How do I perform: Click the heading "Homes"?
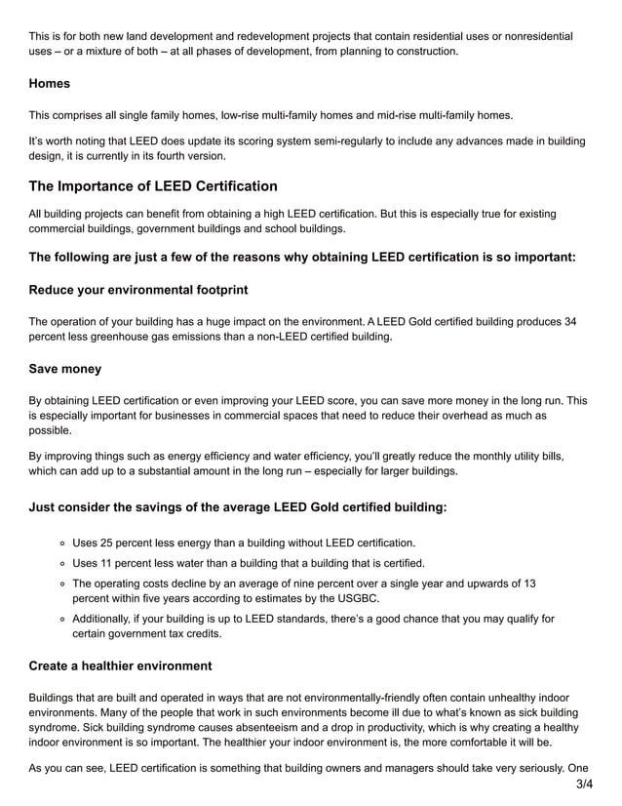coord(49,84)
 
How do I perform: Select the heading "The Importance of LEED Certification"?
coord(153,186)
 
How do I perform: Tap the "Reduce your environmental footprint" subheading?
coord(138,290)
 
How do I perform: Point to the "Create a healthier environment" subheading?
coord(120,665)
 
